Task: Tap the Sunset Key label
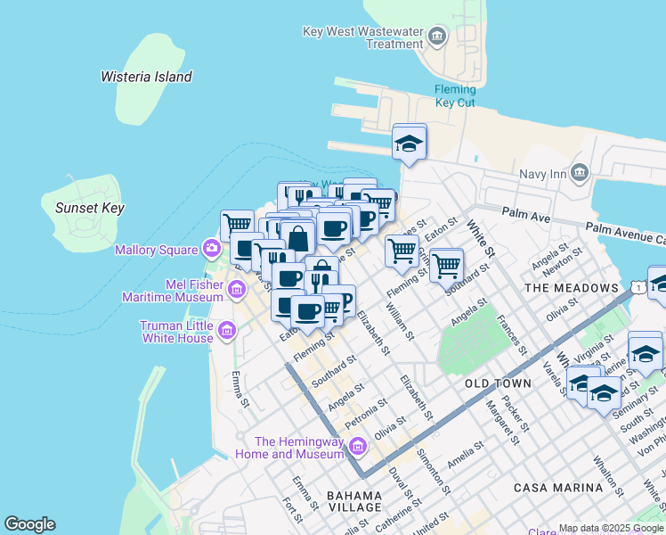click(x=89, y=208)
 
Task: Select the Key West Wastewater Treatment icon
click(x=436, y=37)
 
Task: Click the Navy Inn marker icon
click(x=580, y=172)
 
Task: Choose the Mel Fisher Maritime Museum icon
click(x=236, y=289)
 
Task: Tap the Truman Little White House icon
click(x=226, y=331)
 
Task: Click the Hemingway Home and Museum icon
click(x=358, y=446)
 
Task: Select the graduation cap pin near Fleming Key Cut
click(x=409, y=143)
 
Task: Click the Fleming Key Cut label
click(x=455, y=95)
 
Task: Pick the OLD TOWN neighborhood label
click(x=498, y=383)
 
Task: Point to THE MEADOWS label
click(x=572, y=288)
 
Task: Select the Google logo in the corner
click(x=29, y=524)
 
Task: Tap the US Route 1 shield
click(x=638, y=285)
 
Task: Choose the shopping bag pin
click(x=298, y=238)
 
